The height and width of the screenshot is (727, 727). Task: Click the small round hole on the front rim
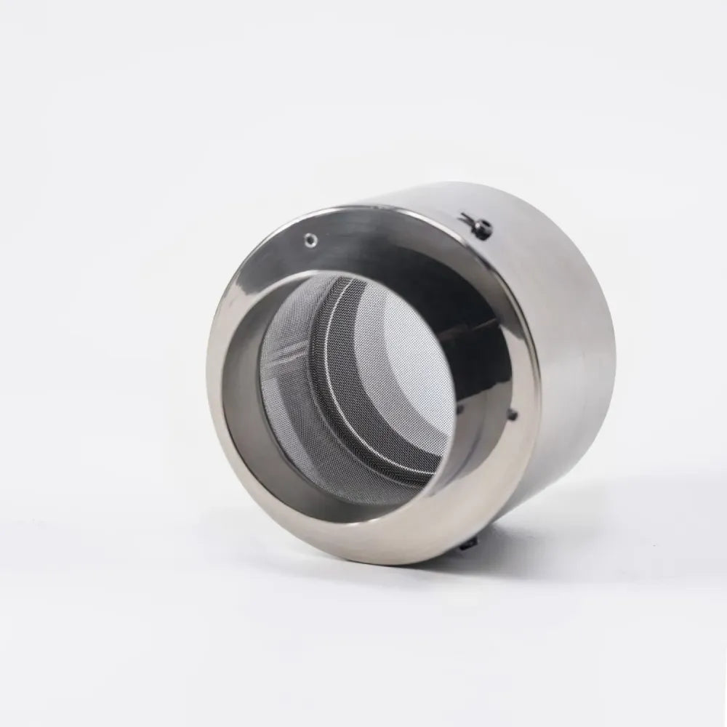[311, 237]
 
